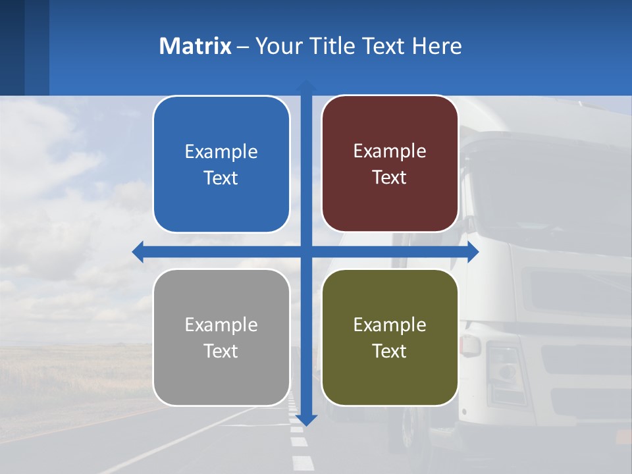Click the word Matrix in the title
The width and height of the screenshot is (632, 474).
196,46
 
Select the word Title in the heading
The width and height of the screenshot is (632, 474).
332,46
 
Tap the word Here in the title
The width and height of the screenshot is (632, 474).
436,46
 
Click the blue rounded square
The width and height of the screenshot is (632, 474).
221,165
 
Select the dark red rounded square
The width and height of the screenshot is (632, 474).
390,164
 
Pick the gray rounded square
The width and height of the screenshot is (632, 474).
221,338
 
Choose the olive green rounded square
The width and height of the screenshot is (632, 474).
390,338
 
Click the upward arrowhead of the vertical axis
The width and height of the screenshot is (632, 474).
306,86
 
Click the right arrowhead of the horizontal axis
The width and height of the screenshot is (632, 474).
473,252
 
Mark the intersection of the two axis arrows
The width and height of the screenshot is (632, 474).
306,252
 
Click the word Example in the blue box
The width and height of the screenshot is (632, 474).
221,152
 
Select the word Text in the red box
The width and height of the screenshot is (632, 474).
390,178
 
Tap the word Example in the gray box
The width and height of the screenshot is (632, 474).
221,325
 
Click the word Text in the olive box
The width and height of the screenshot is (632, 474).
390,352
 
